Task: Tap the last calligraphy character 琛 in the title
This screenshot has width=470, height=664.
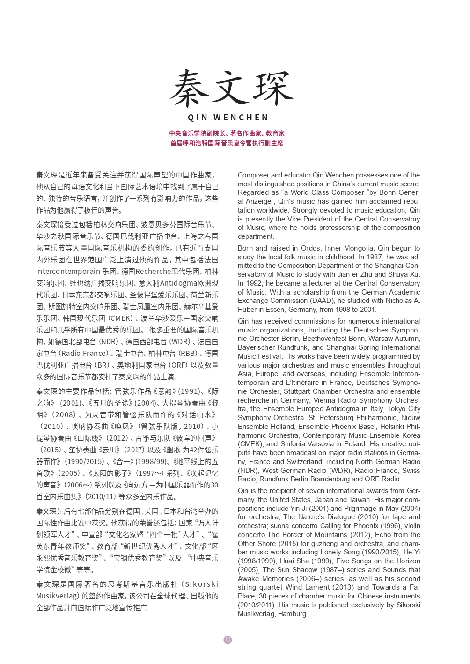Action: pyautogui.click(x=273, y=88)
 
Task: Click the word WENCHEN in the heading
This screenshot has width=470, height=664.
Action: pyautogui.click(x=241, y=118)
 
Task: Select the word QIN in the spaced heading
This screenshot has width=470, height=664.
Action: pyautogui.click(x=197, y=118)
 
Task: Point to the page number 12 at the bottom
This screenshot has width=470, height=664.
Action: pyautogui.click(x=228, y=640)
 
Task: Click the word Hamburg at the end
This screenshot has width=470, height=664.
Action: pyautogui.click(x=293, y=614)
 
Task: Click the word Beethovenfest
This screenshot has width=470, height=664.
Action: pyautogui.click(x=325, y=339)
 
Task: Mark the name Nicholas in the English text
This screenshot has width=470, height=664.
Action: pyautogui.click(x=399, y=301)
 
